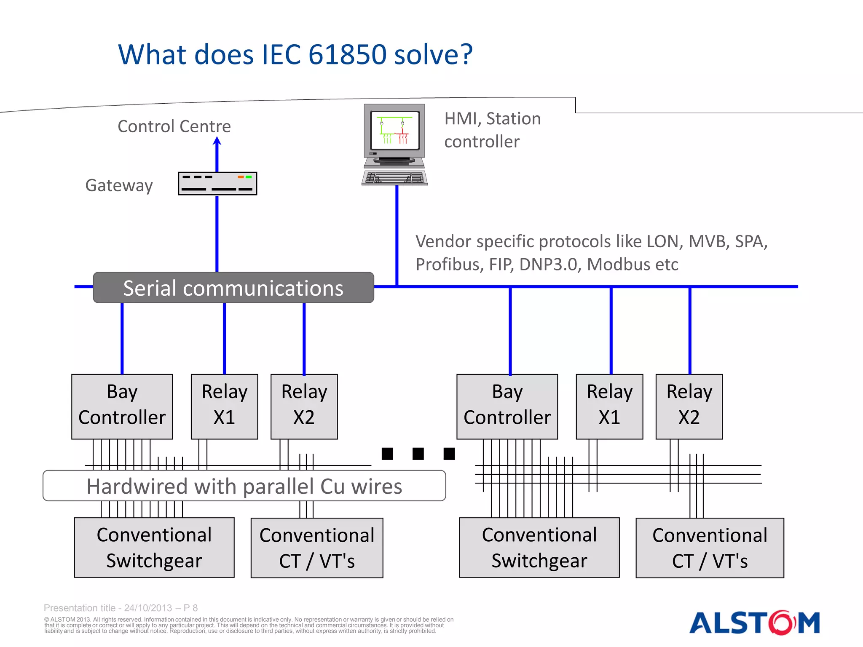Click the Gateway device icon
(217, 183)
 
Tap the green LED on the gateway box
(249, 177)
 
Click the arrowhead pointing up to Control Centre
(217, 141)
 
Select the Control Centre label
(174, 126)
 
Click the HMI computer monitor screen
(394, 130)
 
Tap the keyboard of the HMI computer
(395, 178)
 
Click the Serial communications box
(233, 288)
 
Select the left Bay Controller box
(122, 406)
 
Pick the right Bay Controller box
(507, 406)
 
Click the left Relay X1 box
(224, 406)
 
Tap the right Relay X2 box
(689, 406)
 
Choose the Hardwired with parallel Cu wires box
(244, 486)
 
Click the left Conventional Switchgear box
(154, 548)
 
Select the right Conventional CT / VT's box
(710, 548)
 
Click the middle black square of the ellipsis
(418, 454)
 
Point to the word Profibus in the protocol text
(449, 265)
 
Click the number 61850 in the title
(347, 55)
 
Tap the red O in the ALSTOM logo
(782, 623)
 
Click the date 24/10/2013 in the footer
(148, 608)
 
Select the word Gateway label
(119, 185)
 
